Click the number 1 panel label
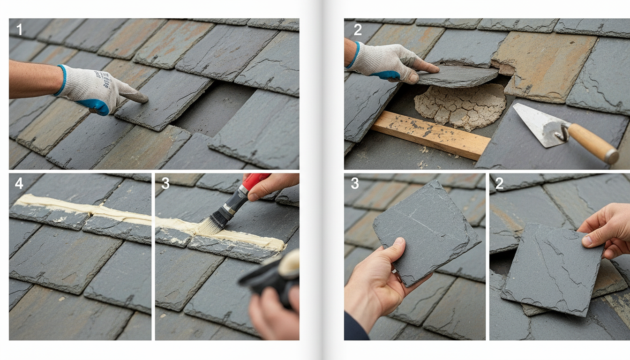pyautogui.click(x=19, y=30)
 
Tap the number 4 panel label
pyautogui.click(x=19, y=183)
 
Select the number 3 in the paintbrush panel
pyautogui.click(x=165, y=183)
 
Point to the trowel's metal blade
pyautogui.click(x=539, y=124)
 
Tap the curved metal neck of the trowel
pyautogui.click(x=564, y=132)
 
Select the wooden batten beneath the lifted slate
pyautogui.click(x=430, y=135)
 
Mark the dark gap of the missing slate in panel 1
pyautogui.click(x=214, y=110)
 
